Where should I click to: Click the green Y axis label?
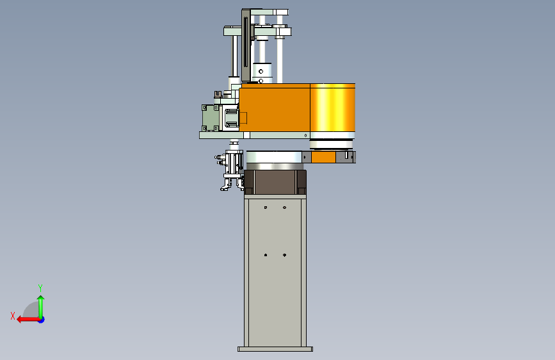point(40,288)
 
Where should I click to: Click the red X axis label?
point(13,316)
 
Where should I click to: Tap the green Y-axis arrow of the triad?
point(41,306)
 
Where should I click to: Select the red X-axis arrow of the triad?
point(28,320)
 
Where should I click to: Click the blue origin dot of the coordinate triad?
point(42,320)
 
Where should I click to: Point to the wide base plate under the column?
point(275,349)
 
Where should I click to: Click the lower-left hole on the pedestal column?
point(266,255)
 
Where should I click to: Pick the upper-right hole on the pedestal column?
point(285,208)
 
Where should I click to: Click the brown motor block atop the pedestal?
point(275,182)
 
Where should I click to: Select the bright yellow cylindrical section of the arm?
point(332,108)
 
